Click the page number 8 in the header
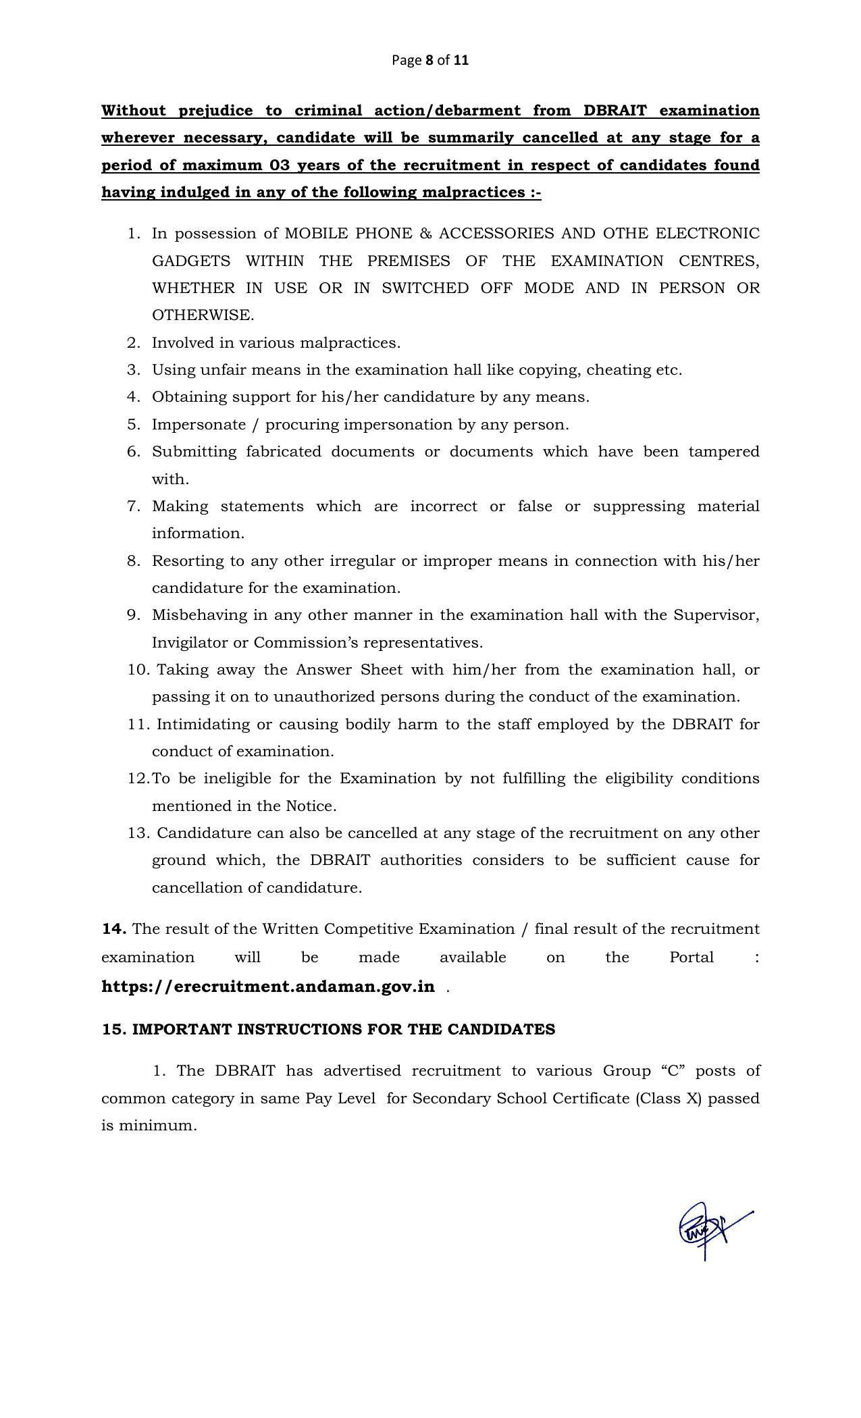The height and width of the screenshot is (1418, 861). click(x=429, y=60)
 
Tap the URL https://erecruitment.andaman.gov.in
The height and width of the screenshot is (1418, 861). click(x=268, y=987)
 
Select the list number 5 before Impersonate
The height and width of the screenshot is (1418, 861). click(x=133, y=425)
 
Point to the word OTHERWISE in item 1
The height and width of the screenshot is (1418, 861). click(x=203, y=315)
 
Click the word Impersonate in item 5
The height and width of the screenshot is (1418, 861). click(x=199, y=425)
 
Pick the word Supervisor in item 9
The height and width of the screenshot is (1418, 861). click(x=716, y=615)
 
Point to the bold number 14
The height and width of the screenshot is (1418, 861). click(x=113, y=929)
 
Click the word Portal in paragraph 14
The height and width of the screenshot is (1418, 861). click(x=691, y=957)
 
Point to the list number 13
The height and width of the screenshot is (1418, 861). click(x=138, y=833)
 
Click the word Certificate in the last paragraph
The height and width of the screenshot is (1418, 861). click(x=591, y=1099)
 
